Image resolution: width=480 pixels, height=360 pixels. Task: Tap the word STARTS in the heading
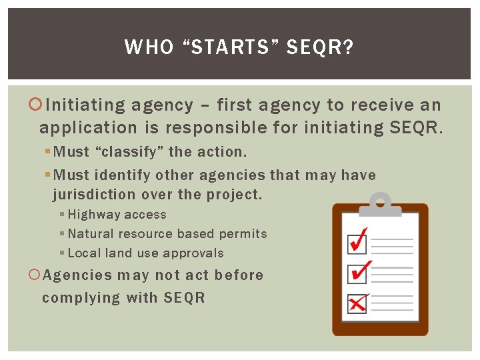223,47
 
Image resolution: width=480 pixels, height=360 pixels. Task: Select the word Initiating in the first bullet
85,105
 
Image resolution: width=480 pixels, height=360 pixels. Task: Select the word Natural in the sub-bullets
91,234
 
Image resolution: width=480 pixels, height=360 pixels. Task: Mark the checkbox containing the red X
357,303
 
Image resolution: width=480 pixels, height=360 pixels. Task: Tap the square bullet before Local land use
62,253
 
